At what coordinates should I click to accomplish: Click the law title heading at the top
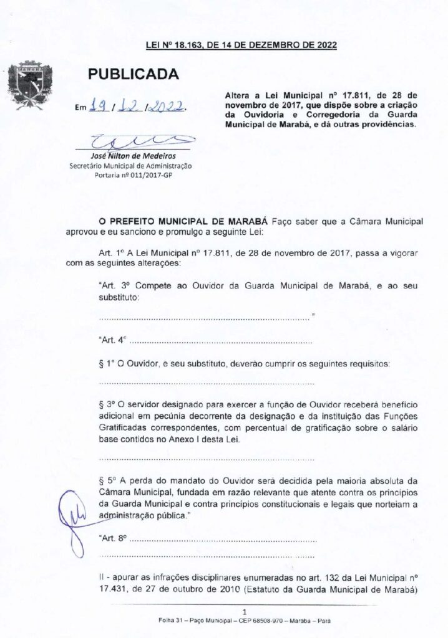click(x=241, y=44)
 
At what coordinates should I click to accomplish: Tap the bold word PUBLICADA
click(x=133, y=75)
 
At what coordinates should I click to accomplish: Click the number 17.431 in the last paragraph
click(x=114, y=589)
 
